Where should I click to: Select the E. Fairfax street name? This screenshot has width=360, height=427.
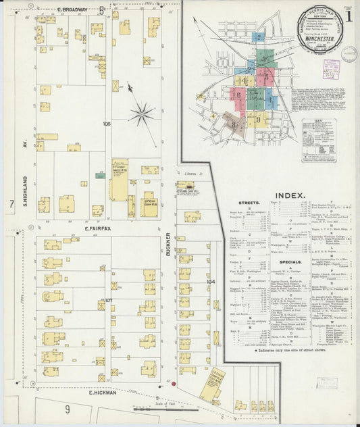pos(100,228)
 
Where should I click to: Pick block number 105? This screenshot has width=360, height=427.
pos(107,124)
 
